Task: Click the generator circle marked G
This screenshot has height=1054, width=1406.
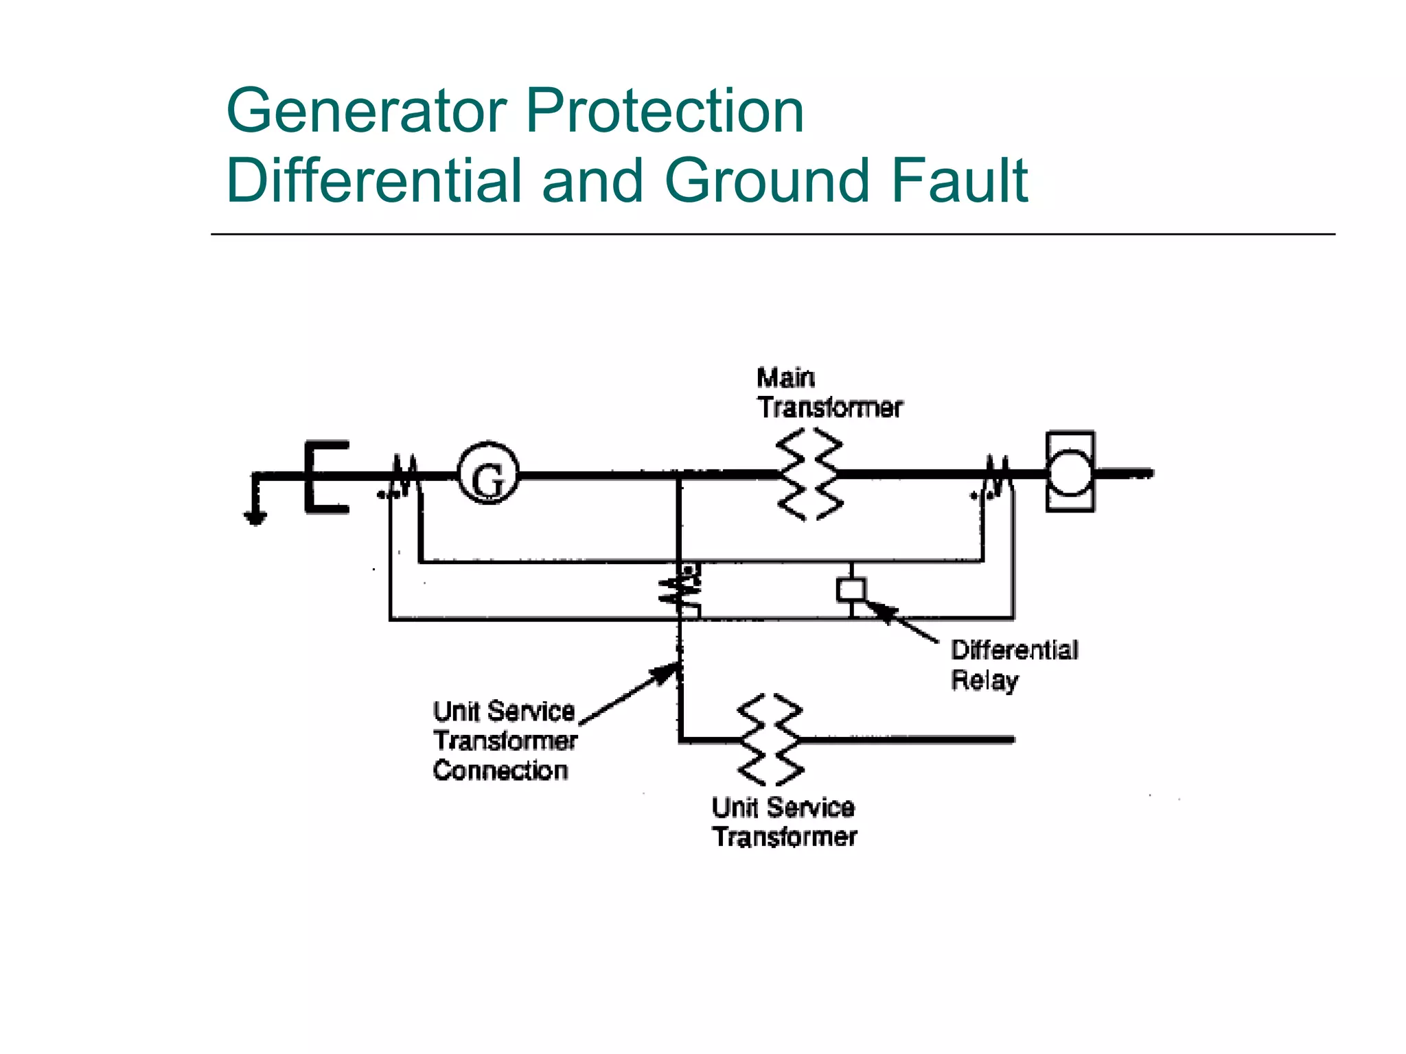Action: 488,473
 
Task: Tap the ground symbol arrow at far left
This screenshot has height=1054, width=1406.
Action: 255,517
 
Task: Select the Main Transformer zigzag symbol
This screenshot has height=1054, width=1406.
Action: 809,474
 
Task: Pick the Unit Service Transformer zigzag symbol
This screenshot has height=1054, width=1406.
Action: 770,740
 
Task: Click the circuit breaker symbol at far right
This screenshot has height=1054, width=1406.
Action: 1070,472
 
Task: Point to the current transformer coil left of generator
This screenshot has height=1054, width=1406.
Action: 405,475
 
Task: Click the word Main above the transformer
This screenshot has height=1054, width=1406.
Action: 785,378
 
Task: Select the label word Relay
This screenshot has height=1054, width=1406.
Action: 984,680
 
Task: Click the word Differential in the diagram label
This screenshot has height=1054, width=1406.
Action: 1014,650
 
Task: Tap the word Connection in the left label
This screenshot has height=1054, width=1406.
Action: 500,771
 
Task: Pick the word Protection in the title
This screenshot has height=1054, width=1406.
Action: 665,111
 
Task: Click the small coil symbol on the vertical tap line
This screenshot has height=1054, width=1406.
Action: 680,588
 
